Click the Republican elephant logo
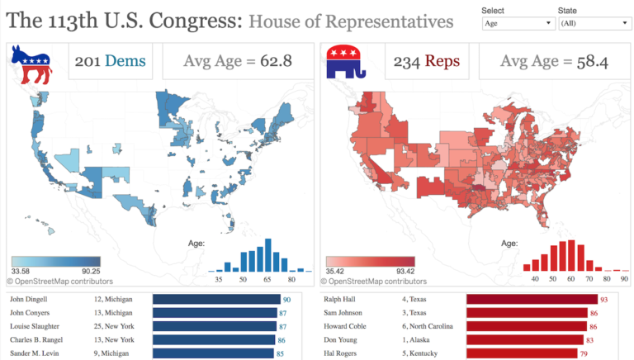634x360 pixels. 348,63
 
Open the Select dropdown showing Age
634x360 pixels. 517,24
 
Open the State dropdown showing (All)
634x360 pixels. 594,24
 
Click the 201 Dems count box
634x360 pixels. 110,61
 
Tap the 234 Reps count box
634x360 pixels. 426,61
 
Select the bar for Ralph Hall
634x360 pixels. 532,300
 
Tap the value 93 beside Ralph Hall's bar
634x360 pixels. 603,301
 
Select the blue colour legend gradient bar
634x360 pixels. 55,261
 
